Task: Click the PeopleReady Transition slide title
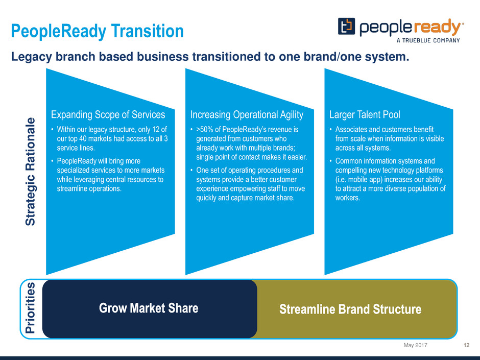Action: (98, 31)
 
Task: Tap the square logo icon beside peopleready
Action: (346, 27)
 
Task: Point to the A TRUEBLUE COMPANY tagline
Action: (428, 40)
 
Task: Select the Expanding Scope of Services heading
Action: (108, 114)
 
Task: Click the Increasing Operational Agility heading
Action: (247, 114)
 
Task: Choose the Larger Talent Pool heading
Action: (365, 114)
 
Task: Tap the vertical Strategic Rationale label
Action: (31, 172)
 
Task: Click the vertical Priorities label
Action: (30, 307)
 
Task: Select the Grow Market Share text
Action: (149, 308)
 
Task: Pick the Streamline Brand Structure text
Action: (350, 309)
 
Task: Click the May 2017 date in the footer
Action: (416, 345)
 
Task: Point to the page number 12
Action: (467, 345)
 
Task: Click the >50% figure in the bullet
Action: (204, 130)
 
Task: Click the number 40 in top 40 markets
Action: (83, 139)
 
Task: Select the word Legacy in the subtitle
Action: (32, 57)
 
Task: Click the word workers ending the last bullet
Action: (347, 198)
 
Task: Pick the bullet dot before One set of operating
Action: (191, 170)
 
